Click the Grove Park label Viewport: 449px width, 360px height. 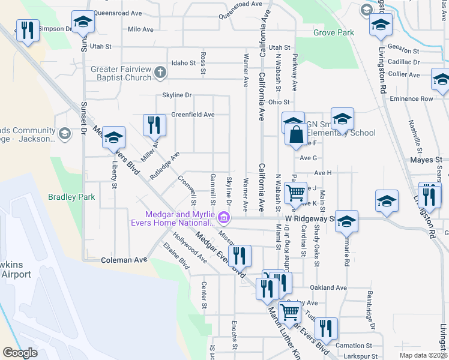[334, 33]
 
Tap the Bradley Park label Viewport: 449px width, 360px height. [72, 197]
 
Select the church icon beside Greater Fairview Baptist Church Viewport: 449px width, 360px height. [160, 73]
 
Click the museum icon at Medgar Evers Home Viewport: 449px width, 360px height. [224, 217]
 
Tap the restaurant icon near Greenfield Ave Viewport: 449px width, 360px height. [154, 125]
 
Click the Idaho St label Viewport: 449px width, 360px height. [184, 62]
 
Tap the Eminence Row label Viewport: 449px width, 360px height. [411, 98]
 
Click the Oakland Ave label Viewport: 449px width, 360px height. [329, 287]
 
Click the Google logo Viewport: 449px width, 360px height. [20, 353]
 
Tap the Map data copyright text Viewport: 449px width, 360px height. [423, 355]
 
